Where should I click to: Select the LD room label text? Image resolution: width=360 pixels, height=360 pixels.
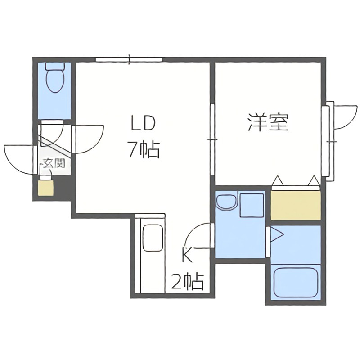pos(143,122)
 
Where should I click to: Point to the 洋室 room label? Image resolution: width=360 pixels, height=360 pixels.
pos(268,122)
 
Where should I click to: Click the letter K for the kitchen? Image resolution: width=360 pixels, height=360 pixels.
pos(187,255)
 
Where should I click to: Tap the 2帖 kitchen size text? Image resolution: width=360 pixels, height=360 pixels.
pos(187,282)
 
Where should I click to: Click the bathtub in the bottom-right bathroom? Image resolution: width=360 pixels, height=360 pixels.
pos(296,282)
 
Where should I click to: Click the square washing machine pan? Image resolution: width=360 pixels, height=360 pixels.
pos(251,205)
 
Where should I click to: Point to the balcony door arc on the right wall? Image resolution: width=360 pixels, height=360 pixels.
pos(346,117)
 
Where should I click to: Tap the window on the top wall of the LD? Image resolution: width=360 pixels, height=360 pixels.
pos(129,59)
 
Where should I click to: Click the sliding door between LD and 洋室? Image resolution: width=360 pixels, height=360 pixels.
pos(212,139)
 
